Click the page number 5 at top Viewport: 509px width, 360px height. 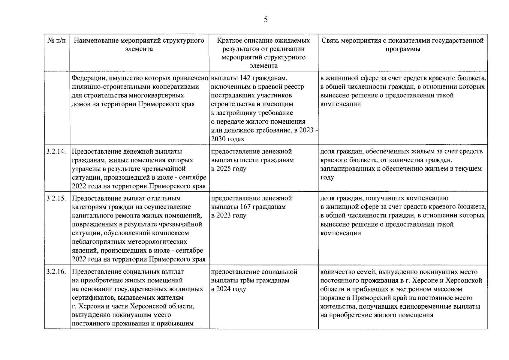pyautogui.click(x=266, y=20)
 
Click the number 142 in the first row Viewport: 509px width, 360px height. pyautogui.click(x=245, y=78)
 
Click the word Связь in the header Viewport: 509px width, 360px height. pyautogui.click(x=331, y=40)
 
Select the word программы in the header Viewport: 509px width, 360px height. pyautogui.click(x=403, y=49)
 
